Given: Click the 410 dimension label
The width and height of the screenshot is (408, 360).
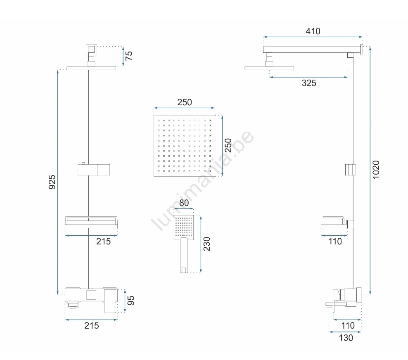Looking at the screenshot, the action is point(313,31).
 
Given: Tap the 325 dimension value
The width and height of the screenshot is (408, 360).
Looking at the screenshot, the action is point(309,83).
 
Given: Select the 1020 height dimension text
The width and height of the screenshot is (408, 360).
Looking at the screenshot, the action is point(376,170).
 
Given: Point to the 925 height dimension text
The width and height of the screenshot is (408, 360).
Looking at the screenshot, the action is point(52,182).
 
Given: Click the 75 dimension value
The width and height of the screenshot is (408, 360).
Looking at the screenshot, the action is point(128,56).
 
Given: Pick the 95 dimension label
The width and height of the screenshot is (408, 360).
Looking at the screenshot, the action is point(130,301).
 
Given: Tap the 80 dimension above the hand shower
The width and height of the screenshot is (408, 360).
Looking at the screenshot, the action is point(184,203).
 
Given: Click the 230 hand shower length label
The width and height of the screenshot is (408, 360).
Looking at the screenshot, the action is point(206,244).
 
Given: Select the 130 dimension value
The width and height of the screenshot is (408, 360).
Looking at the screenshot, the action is point(346,338).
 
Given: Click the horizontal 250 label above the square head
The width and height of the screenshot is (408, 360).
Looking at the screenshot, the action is point(185,102).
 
